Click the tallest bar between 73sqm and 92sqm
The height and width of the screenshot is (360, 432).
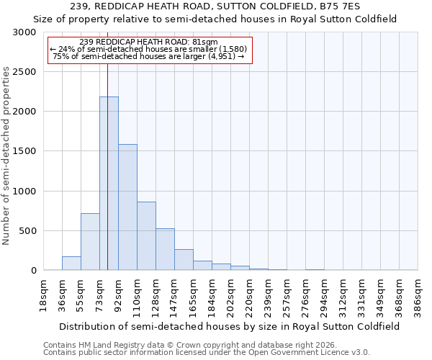[109, 184]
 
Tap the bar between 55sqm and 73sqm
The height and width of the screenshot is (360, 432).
[90, 242]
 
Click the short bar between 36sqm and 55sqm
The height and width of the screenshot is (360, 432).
[71, 264]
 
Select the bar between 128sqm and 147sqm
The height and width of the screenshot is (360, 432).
[165, 249]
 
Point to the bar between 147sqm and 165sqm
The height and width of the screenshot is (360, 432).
[184, 260]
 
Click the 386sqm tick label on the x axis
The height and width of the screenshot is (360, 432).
[418, 294]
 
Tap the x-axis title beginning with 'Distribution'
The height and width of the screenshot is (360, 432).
[230, 326]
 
